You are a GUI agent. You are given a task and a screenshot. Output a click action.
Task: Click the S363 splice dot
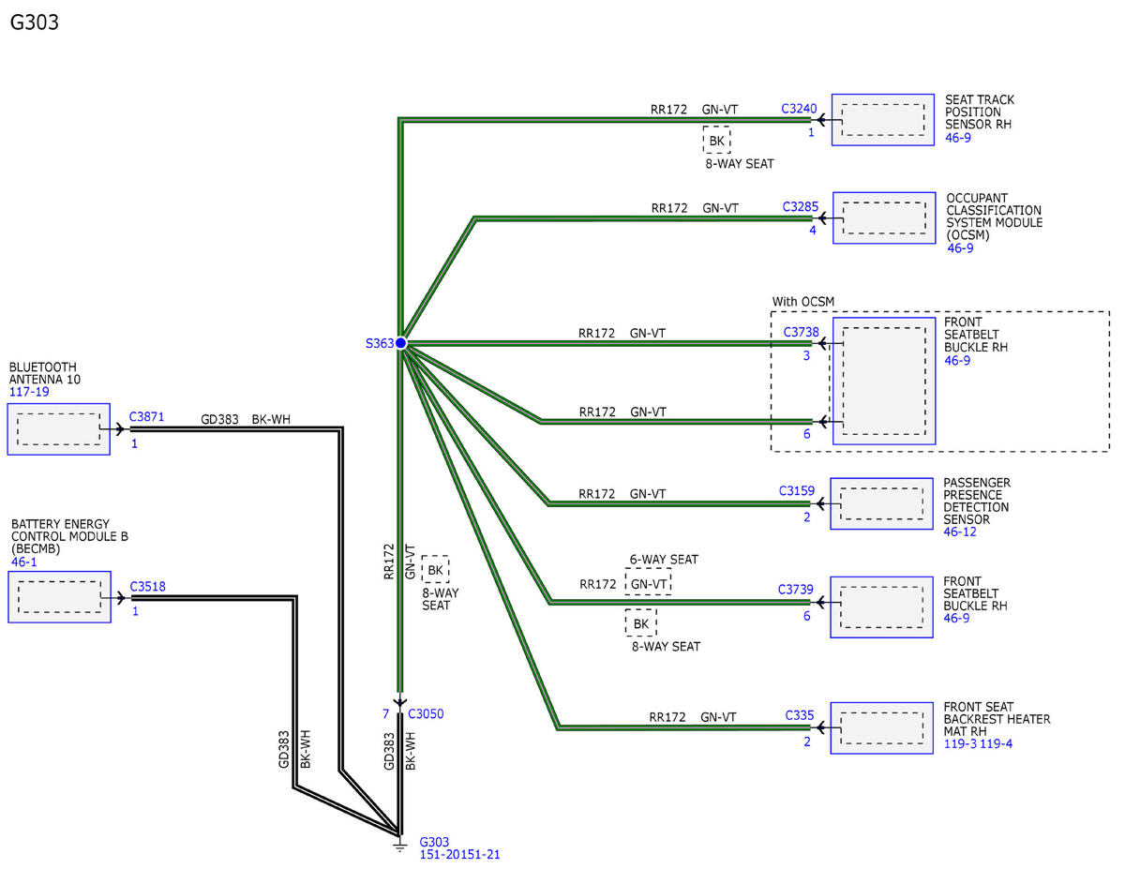pyautogui.click(x=400, y=342)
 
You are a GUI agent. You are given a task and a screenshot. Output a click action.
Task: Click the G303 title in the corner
pyautogui.click(x=34, y=22)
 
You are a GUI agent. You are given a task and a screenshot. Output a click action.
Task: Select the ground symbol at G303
pyautogui.click(x=399, y=847)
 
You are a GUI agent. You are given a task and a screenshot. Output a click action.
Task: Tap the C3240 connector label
pyautogui.click(x=799, y=109)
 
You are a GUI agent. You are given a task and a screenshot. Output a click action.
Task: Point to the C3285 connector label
pyautogui.click(x=800, y=207)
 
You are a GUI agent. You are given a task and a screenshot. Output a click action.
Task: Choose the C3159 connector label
pyautogui.click(x=796, y=490)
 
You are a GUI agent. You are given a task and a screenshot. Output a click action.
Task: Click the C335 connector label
pyautogui.click(x=800, y=715)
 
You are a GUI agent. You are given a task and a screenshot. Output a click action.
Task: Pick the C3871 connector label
pyautogui.click(x=146, y=416)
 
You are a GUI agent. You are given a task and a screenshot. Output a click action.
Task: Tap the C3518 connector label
pyautogui.click(x=147, y=587)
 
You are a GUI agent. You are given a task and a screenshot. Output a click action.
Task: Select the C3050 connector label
pyautogui.click(x=426, y=713)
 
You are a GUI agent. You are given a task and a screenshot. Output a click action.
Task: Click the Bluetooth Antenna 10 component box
pyautogui.click(x=58, y=429)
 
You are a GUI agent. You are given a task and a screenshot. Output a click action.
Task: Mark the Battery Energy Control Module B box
pyautogui.click(x=60, y=597)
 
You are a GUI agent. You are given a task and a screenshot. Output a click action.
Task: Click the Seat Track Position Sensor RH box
pyautogui.click(x=883, y=120)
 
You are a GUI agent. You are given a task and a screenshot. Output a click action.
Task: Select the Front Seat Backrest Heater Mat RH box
pyautogui.click(x=881, y=728)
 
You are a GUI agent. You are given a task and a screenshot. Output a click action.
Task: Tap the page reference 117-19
pyautogui.click(x=29, y=392)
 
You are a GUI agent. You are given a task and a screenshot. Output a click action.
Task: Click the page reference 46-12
pyautogui.click(x=959, y=532)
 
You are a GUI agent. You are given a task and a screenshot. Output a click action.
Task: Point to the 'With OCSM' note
pyautogui.click(x=803, y=302)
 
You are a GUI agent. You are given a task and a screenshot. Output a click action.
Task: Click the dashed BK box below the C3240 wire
pyautogui.click(x=716, y=140)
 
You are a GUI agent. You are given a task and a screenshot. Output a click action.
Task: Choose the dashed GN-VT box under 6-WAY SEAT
pyautogui.click(x=648, y=581)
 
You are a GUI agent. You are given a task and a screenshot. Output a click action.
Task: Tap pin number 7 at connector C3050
pyautogui.click(x=385, y=714)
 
